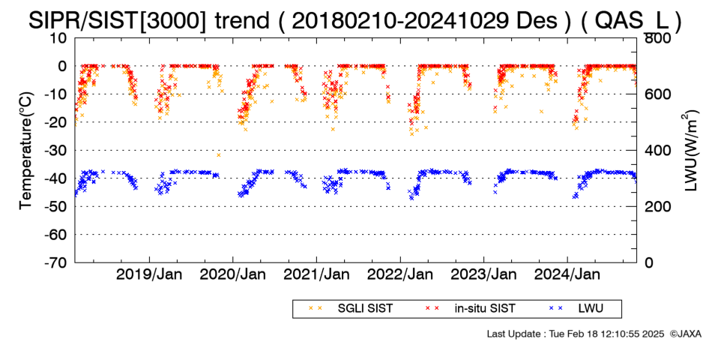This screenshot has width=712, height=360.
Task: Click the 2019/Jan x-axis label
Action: click(149, 275)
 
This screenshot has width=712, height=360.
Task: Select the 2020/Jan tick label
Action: click(233, 275)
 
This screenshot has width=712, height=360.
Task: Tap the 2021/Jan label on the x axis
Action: click(316, 275)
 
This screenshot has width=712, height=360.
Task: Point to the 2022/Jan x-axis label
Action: click(400, 275)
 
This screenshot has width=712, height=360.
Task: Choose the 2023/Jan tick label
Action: click(483, 275)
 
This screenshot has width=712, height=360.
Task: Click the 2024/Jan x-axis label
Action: click(567, 275)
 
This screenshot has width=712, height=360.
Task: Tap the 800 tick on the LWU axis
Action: click(658, 37)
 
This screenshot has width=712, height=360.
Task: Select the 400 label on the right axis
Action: click(658, 151)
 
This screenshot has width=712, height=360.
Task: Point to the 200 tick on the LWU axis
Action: click(658, 206)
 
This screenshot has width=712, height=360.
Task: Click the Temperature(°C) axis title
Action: click(27, 151)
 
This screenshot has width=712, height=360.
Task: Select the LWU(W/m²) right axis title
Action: click(689, 151)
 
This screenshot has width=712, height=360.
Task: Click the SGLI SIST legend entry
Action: click(350, 309)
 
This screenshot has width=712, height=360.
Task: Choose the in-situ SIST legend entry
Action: click(470, 309)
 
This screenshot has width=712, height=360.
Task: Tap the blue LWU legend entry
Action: click(576, 309)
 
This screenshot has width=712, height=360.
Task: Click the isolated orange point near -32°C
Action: click(218, 155)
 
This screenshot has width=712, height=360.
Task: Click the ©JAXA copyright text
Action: click(685, 334)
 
